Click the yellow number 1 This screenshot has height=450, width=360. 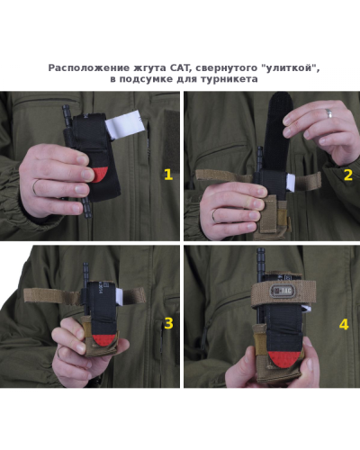(x=168, y=175)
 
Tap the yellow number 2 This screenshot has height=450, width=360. (x=348, y=175)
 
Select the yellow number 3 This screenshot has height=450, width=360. (x=168, y=323)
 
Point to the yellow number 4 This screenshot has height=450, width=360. (x=344, y=324)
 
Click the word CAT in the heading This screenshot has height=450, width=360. (x=180, y=68)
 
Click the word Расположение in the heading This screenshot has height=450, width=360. (x=88, y=68)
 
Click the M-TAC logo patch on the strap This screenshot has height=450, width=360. (x=281, y=291)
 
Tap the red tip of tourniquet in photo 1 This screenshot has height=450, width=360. (x=100, y=175)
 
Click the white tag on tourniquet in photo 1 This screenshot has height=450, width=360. (x=125, y=125)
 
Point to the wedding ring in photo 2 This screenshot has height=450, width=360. (x=328, y=112)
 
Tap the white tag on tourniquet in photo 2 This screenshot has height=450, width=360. (x=292, y=183)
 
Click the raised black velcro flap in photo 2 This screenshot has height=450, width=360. (x=278, y=131)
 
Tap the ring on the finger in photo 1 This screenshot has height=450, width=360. (x=35, y=187)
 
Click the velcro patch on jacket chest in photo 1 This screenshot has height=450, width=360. (x=172, y=141)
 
